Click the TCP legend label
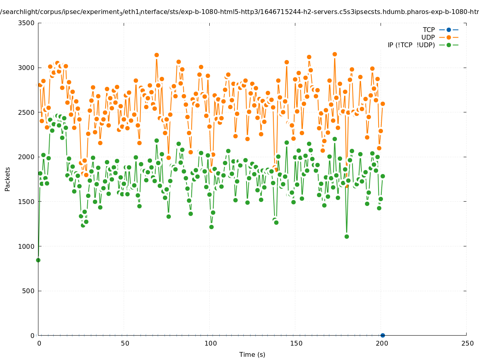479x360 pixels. pos(429,30)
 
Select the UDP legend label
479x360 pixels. pos(428,37)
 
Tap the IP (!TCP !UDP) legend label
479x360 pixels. pos(411,45)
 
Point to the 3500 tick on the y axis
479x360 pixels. pos(27,23)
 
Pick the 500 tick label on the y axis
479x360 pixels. pos(28,291)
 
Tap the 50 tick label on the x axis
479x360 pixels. pos(125,343)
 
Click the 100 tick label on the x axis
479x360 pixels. pos(210,343)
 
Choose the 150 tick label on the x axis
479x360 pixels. pos(296,343)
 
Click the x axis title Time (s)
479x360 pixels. pos(252,354)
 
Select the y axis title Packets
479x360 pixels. pos(8,179)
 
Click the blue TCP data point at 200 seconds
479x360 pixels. pos(383,335)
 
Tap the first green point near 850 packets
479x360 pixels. pos(38,260)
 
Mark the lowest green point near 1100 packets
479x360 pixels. pos(347,236)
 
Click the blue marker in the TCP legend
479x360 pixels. pos(449,30)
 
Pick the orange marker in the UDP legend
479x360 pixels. pos(449,37)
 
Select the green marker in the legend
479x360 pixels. pos(449,45)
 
